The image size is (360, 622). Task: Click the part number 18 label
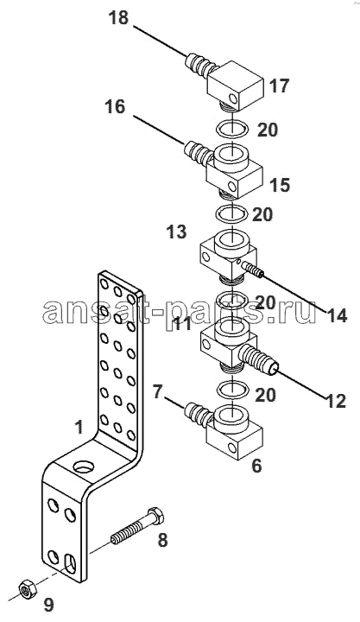pos(118,18)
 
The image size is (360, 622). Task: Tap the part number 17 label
pos(280,86)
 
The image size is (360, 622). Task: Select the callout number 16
pos(115,107)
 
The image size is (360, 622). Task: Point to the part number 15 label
pos(280,185)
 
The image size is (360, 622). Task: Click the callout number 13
pos(176,232)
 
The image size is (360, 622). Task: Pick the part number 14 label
pos(337,316)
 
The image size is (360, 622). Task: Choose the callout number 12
pos(335,402)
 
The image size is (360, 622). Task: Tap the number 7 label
pos(158,392)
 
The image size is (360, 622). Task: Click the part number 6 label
pos(256,466)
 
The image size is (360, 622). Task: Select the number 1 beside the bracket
pos(79,428)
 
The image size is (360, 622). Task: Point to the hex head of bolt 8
pos(155,516)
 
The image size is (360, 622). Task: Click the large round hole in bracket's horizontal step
pos(84,466)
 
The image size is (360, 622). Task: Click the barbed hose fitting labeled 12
pos(258,359)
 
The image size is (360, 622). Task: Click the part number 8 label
pos(162,540)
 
